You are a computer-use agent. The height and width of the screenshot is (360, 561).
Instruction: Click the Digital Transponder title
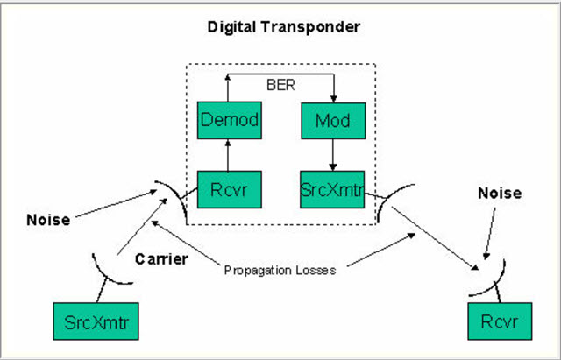point(283,26)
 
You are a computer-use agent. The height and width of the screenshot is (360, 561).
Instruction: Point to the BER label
point(281,87)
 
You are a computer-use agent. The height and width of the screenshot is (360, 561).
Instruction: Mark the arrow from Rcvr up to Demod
point(229,155)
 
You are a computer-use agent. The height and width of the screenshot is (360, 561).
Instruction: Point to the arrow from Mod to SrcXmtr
point(332,155)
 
